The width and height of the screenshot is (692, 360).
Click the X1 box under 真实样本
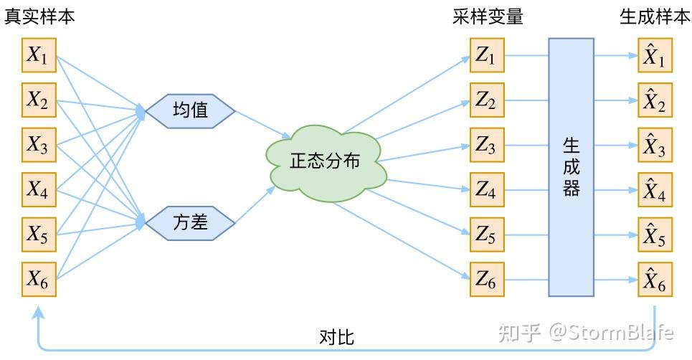pyautogui.click(x=38, y=56)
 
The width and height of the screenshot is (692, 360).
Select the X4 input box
pyautogui.click(x=38, y=189)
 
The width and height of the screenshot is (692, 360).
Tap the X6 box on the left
pyautogui.click(x=38, y=279)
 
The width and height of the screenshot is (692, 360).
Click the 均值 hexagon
pyautogui.click(x=191, y=110)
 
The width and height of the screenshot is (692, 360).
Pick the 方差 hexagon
pyautogui.click(x=191, y=222)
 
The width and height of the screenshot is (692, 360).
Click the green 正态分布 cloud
pyautogui.click(x=325, y=162)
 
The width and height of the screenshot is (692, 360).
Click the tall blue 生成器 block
pyautogui.click(x=571, y=167)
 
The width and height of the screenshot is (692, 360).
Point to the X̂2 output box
pyautogui.click(x=655, y=100)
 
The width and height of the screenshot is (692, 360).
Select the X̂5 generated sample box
pyautogui.click(x=655, y=235)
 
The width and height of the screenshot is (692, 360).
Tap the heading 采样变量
pyautogui.click(x=488, y=17)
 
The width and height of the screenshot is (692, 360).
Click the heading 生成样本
pyautogui.click(x=655, y=17)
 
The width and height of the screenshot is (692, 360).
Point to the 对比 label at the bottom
pyautogui.click(x=336, y=337)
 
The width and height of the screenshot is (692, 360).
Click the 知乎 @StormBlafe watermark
pyautogui.click(x=586, y=332)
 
